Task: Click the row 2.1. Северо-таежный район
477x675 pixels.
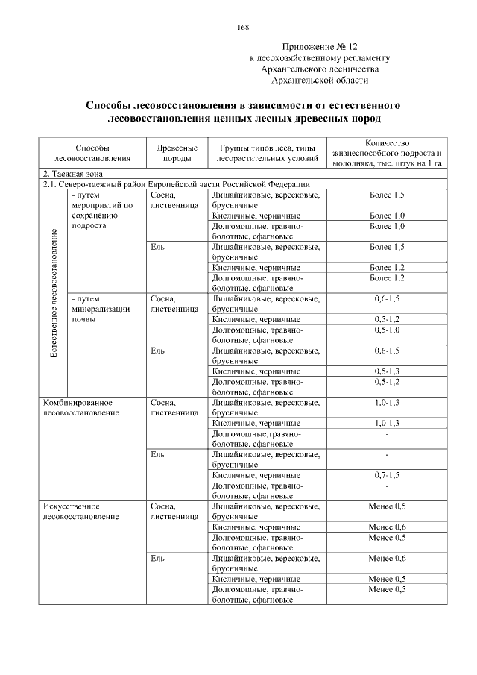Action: click(175, 184)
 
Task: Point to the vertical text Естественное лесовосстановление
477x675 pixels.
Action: click(53, 294)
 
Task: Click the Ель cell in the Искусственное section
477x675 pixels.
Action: click(157, 558)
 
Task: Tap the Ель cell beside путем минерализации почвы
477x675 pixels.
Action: click(157, 350)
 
